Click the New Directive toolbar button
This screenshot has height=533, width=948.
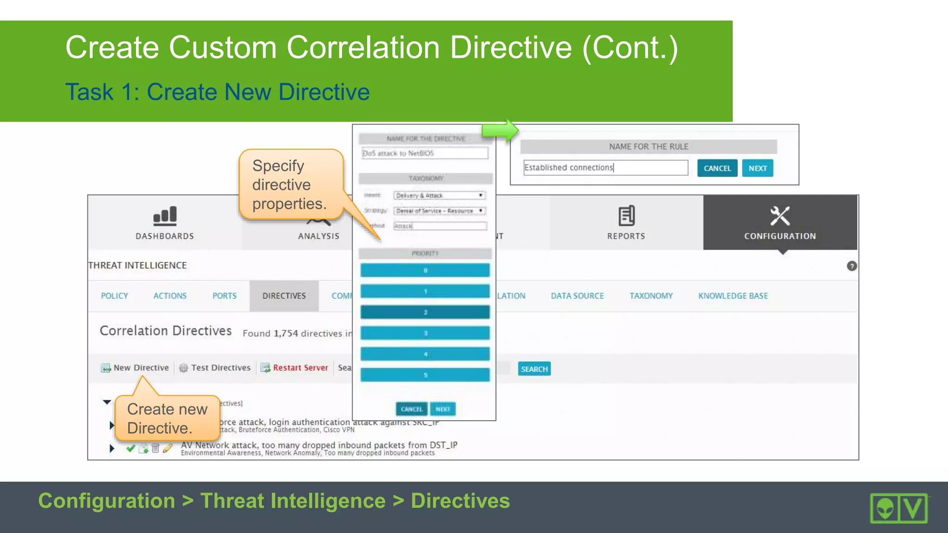coord(135,368)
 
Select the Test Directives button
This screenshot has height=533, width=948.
coord(215,368)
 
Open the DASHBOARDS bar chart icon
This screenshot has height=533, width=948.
coord(165,216)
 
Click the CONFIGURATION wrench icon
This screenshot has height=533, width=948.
coord(780,216)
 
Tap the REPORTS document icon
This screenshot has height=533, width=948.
coord(626,216)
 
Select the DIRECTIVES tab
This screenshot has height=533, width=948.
coord(284,296)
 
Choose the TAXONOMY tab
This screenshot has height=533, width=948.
coord(651,296)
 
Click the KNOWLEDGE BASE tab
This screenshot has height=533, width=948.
coord(733,296)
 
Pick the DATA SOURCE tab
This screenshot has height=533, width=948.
coord(577,296)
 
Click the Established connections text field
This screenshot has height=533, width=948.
coord(605,168)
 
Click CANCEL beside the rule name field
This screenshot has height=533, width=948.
coord(717,168)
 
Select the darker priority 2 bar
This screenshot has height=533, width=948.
coord(425,312)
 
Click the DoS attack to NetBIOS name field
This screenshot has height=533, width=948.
coord(424,153)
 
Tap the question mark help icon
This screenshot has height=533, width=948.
coord(852,266)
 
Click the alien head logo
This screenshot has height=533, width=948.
coord(885,508)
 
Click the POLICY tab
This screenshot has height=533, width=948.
coord(114,296)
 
